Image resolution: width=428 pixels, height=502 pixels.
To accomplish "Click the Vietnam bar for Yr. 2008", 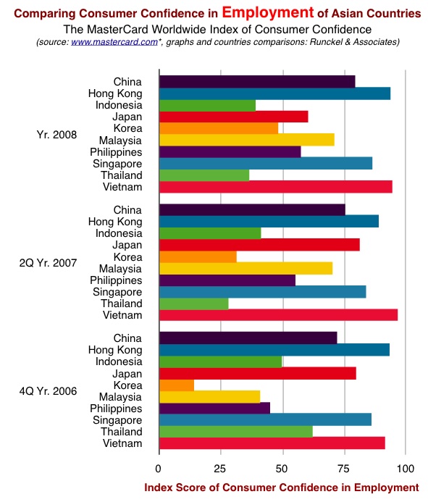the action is click(x=276, y=187).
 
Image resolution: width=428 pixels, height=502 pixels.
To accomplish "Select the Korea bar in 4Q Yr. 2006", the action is click(x=177, y=385).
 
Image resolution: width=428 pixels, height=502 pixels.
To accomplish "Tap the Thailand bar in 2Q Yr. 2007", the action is click(x=194, y=304).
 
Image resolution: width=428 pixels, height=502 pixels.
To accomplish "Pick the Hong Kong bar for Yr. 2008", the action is click(x=274, y=93).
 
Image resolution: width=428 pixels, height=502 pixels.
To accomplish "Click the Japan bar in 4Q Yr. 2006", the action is click(x=258, y=374).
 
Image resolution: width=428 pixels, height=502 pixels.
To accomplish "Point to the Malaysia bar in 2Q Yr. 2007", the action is click(x=246, y=269).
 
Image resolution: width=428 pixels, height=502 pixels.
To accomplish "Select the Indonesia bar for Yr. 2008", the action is click(x=207, y=105).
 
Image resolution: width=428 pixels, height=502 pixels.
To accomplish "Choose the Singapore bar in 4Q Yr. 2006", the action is click(x=265, y=419).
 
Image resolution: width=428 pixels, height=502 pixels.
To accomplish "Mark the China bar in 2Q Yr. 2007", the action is click(x=252, y=210).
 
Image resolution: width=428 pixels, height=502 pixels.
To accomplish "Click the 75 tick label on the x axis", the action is click(x=343, y=469).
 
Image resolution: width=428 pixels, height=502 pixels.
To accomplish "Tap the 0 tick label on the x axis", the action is click(x=158, y=469).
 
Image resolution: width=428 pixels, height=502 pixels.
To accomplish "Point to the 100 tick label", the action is click(x=406, y=469).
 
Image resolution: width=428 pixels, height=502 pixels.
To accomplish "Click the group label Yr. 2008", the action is click(x=56, y=135).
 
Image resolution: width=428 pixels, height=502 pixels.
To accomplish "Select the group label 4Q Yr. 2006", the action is click(x=48, y=391).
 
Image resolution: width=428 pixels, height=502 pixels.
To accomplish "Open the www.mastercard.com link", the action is click(x=114, y=42).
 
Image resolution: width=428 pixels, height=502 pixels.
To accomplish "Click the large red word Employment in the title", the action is click(x=268, y=12).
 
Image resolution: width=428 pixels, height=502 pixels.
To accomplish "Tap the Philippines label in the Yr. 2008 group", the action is click(x=116, y=152).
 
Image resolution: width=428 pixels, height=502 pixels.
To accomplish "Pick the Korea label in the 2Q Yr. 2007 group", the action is click(x=127, y=257).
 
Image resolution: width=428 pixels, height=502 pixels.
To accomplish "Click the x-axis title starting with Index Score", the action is click(x=282, y=488).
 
